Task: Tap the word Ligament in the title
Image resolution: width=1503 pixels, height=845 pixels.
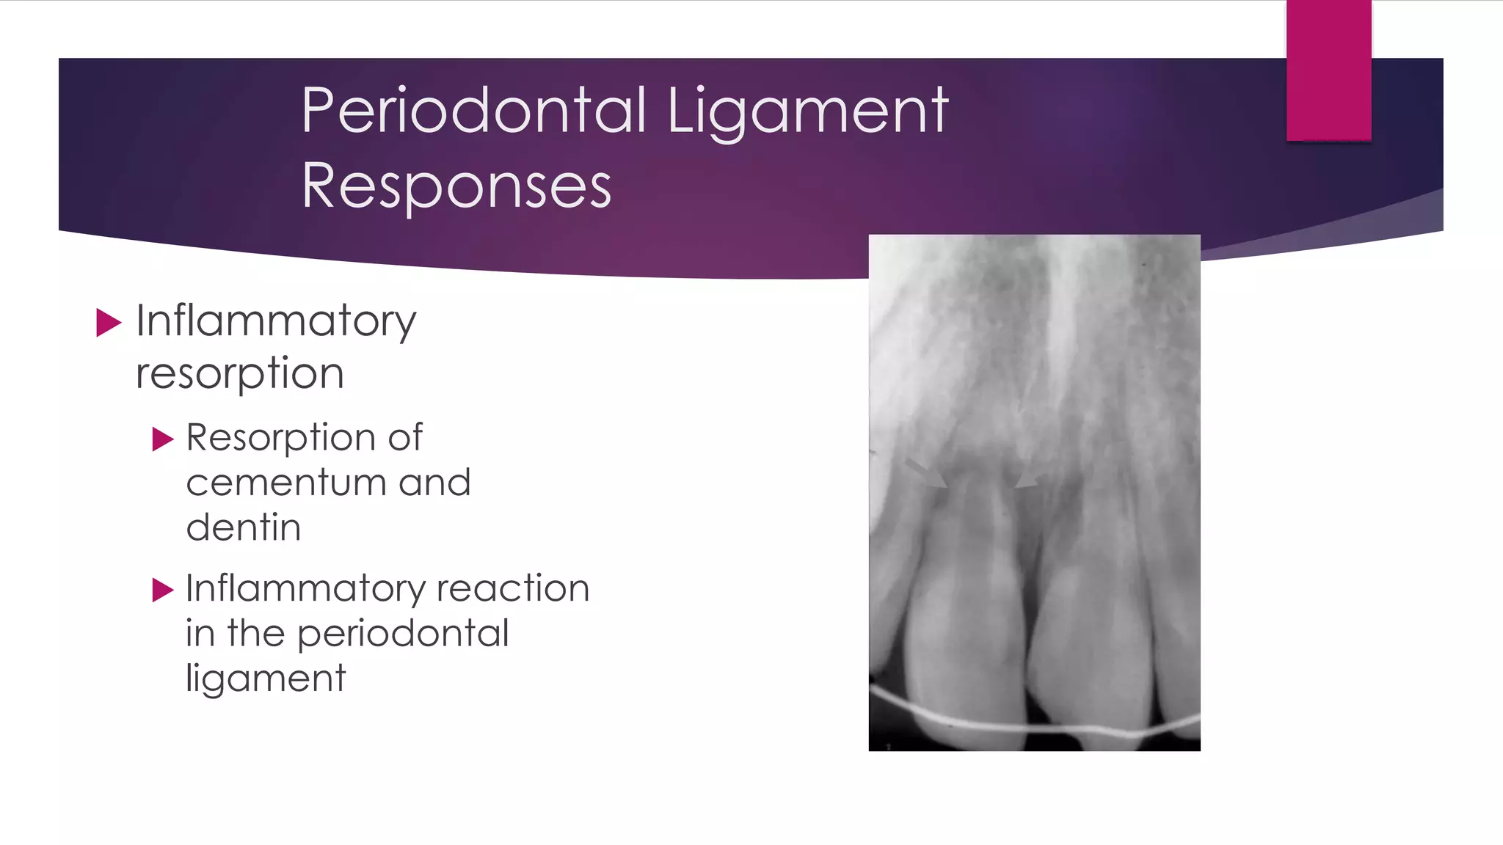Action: tap(807, 111)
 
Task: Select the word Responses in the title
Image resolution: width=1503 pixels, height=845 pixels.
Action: tap(456, 186)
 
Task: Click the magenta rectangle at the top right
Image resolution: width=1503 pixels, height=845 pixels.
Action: tap(1328, 70)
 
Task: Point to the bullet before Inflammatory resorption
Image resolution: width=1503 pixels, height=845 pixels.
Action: tap(108, 323)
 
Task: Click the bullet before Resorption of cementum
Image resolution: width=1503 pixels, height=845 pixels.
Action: tap(162, 439)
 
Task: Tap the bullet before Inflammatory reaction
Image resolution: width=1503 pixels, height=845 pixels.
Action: tap(162, 590)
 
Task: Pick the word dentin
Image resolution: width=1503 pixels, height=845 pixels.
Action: tap(244, 527)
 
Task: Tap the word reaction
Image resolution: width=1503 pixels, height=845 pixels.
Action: tap(513, 588)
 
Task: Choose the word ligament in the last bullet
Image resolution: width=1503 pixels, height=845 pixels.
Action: tap(265, 678)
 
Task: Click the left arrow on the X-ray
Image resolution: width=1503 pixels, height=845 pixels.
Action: tap(927, 474)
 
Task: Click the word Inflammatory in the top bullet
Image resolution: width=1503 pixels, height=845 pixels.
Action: tap(276, 321)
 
